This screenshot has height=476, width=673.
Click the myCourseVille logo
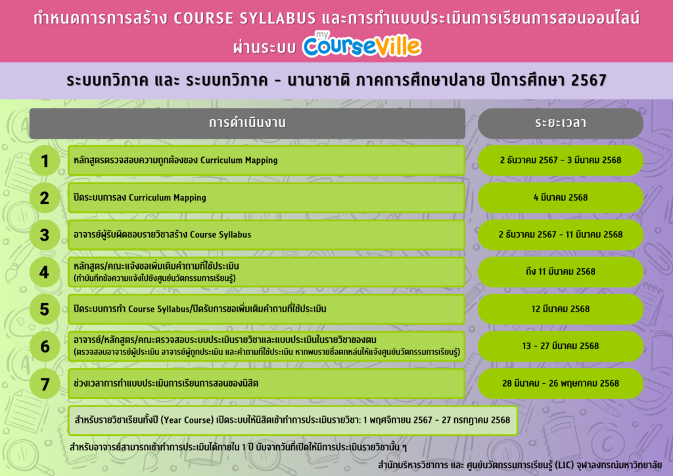point(362,44)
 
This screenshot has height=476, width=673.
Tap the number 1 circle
point(45,161)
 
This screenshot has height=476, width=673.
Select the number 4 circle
point(45,272)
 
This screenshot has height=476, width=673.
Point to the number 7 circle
point(45,384)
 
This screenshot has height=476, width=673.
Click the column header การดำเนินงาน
point(247,123)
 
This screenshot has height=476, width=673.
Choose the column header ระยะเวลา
point(561,123)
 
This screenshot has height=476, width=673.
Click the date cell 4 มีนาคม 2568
point(561,197)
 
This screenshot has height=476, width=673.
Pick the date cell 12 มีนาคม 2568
point(561,309)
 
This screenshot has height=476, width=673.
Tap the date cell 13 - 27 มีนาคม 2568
point(561,346)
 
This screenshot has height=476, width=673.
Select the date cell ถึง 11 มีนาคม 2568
point(561,272)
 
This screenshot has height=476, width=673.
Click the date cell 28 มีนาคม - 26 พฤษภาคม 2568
point(561,383)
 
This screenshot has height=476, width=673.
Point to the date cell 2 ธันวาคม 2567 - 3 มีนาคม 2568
point(561,160)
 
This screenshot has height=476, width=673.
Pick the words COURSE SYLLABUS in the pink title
point(244,18)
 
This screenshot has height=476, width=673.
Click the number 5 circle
point(45,309)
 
